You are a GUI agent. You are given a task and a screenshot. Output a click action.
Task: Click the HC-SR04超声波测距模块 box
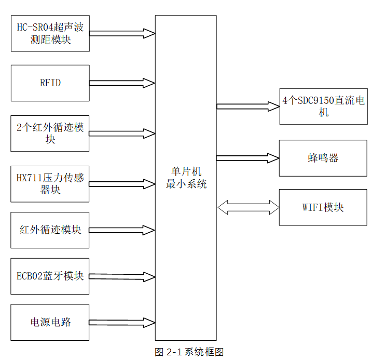50,33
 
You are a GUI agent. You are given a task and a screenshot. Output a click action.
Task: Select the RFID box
50,83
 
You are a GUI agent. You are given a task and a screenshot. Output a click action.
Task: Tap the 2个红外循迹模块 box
50,134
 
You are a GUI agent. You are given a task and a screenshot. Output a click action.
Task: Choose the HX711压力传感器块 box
50,184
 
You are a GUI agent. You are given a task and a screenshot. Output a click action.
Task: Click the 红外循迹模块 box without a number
50,230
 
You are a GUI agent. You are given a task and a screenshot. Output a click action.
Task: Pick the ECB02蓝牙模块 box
50,276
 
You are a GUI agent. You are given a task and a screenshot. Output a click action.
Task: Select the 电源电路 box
50,322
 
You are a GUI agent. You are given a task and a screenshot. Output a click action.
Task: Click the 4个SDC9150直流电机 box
323,106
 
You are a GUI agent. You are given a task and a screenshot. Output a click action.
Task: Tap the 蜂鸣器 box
323,158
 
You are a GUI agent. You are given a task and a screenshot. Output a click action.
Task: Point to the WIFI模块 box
323,207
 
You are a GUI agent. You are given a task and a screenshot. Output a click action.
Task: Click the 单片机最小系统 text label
186,178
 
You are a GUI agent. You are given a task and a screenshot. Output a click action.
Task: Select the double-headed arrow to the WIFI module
248,207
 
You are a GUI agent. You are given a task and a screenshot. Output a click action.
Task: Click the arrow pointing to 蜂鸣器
248,158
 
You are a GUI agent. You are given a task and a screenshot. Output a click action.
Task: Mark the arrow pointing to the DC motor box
248,106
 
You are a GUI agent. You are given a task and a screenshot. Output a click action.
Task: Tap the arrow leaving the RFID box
122,83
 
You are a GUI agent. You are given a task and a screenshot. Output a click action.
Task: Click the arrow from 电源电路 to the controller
122,323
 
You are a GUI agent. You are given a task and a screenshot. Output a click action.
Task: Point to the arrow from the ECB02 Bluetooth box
122,276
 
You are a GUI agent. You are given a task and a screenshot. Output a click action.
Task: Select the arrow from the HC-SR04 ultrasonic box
122,34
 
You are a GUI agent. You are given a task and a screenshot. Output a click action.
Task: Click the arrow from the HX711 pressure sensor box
122,184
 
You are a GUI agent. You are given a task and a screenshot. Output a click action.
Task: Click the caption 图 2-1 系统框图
189,352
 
